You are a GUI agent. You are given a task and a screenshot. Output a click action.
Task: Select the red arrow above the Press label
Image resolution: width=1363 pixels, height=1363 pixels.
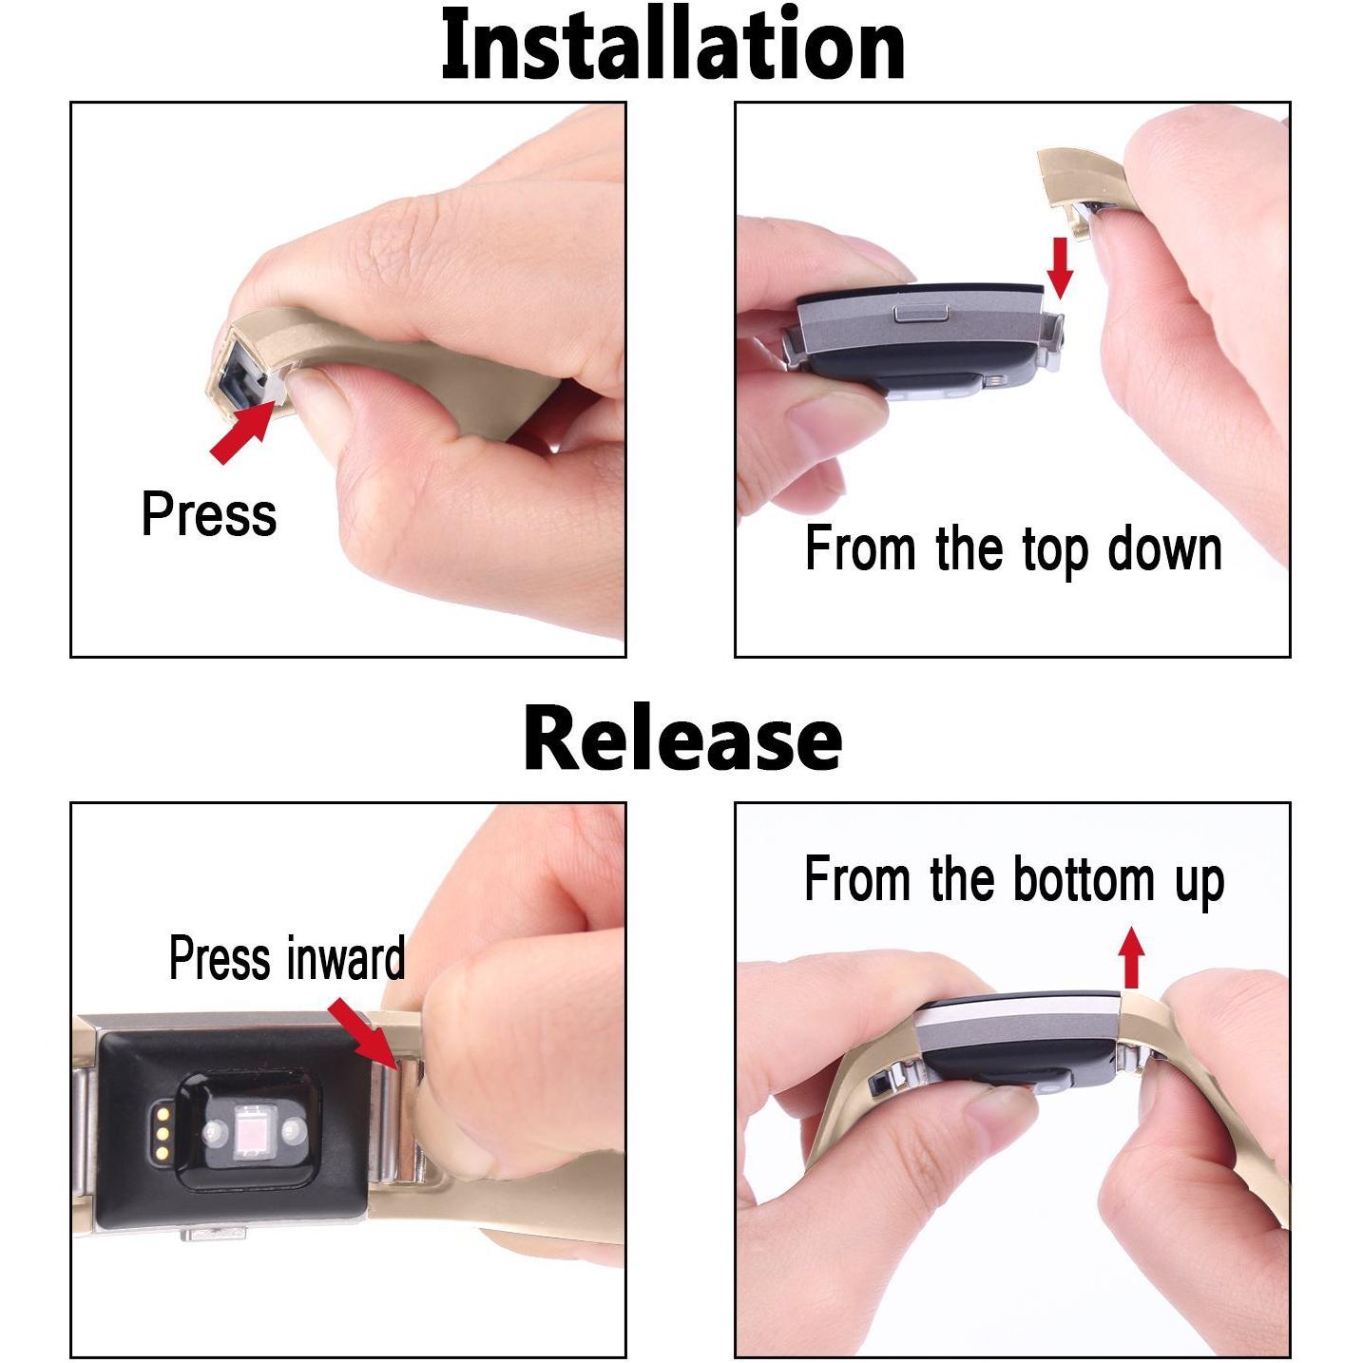click(242, 432)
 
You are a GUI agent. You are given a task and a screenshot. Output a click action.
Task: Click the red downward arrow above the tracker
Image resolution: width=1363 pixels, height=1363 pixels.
click(1059, 268)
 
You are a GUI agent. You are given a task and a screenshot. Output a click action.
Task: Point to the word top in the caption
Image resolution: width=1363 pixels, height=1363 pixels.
click(1055, 552)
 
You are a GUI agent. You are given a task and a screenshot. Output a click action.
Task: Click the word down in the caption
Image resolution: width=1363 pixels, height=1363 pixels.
click(1164, 549)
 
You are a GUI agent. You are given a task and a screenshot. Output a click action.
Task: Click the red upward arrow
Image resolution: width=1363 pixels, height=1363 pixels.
click(1132, 957)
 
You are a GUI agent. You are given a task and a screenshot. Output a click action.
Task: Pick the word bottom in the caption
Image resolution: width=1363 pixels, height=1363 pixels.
click(1083, 879)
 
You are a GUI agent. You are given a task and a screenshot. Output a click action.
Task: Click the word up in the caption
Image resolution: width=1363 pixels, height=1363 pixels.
click(1200, 883)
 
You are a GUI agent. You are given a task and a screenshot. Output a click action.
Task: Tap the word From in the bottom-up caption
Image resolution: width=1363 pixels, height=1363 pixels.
click(856, 878)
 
